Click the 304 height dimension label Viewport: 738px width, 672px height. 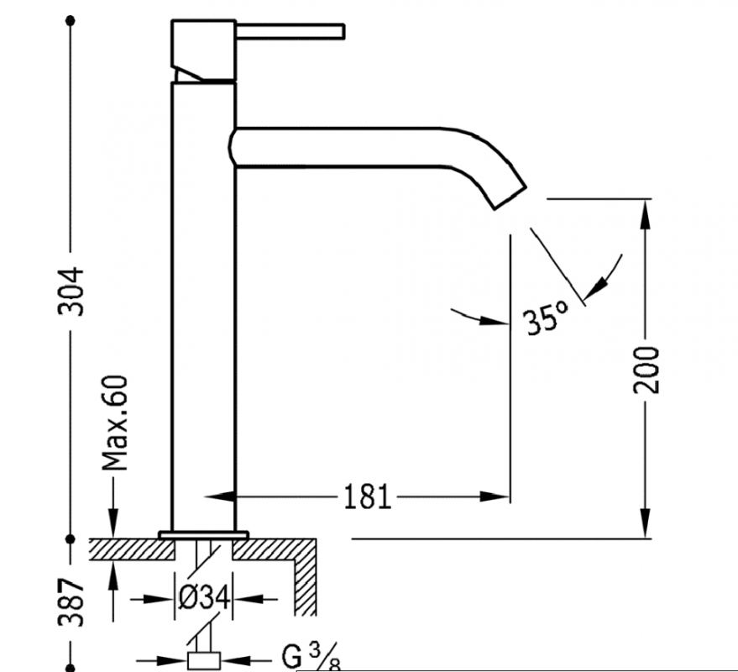tap(71, 291)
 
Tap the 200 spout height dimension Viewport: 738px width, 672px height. tap(646, 370)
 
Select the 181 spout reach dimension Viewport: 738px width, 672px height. tap(368, 496)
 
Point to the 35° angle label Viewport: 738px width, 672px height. tap(545, 318)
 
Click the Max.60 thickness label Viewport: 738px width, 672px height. tap(115, 423)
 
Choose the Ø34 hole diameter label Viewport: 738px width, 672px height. tap(204, 599)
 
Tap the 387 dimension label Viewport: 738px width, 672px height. tap(71, 602)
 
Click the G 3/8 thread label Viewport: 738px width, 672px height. tap(311, 656)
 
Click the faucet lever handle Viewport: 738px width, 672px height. tap(290, 31)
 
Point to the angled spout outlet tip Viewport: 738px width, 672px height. tap(510, 197)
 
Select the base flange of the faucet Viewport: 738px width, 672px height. tap(203, 535)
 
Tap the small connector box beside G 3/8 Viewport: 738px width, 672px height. tap(204, 660)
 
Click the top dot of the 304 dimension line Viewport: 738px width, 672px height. tap(71, 21)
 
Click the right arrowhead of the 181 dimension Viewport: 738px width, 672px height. tap(495, 496)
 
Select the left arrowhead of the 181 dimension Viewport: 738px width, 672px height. tap(220, 496)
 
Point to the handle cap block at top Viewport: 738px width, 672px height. tap(203, 50)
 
